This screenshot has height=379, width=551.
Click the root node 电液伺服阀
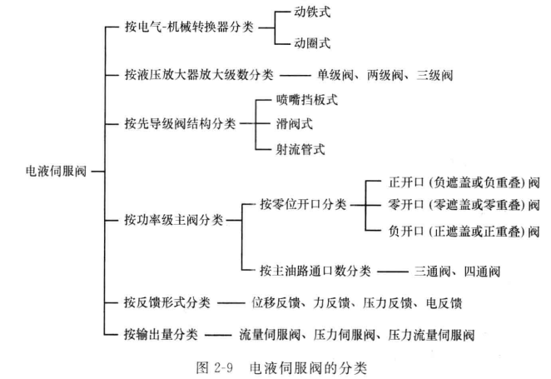57,172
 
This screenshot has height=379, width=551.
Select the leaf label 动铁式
312,12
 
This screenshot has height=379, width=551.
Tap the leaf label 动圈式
312,43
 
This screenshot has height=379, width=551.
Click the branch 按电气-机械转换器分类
189,27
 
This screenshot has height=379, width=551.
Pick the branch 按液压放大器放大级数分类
199,74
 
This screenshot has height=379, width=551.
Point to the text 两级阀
385,75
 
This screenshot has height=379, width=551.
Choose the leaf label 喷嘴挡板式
307,100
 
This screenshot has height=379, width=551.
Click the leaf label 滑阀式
295,124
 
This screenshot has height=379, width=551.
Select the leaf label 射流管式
300,149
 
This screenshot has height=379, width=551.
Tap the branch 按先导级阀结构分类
180,124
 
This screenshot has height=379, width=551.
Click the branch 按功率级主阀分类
174,220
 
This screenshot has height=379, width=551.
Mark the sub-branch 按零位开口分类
303,204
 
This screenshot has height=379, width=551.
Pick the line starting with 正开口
464,182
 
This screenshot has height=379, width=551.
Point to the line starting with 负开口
464,231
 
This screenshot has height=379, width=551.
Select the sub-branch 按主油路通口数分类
315,271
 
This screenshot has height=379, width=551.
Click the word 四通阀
482,272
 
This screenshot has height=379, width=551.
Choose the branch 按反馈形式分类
167,302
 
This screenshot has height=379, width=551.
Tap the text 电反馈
444,302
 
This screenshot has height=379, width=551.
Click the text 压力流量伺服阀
431,335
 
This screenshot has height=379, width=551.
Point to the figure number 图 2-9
215,367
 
